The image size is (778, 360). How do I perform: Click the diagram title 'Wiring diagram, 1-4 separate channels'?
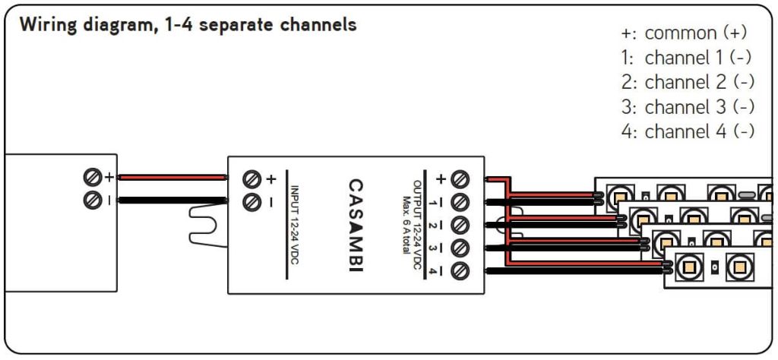[188, 24]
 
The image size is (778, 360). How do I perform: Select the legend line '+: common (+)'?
[684, 33]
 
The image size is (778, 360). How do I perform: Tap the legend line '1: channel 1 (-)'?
[688, 58]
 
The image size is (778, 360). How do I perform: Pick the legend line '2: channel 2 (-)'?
[688, 82]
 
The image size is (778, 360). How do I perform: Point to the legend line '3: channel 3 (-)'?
[688, 106]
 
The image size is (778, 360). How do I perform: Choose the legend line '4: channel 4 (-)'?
[688, 131]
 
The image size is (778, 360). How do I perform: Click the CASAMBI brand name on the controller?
[355, 224]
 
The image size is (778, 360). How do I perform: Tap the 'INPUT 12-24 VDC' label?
[296, 224]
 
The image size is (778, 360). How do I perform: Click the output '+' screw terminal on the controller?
[460, 179]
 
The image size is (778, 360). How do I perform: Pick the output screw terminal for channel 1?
[460, 202]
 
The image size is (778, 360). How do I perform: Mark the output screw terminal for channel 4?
[460, 270]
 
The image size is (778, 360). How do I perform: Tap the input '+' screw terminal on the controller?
[252, 179]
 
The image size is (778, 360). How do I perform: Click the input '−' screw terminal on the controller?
[252, 202]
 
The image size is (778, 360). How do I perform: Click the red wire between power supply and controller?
[172, 178]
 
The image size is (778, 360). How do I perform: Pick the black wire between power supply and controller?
[172, 201]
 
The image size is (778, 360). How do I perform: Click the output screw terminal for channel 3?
[460, 248]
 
